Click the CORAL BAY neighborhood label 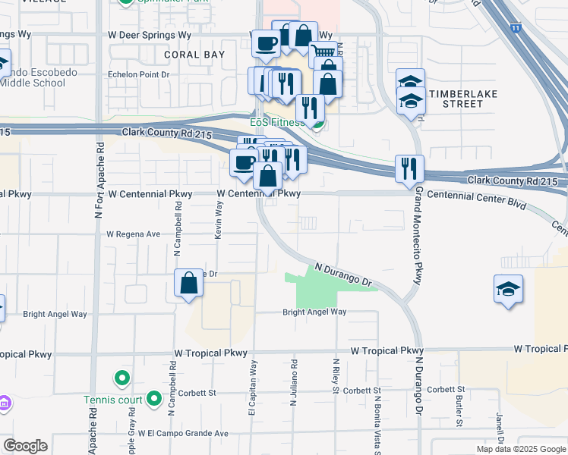coord(193,55)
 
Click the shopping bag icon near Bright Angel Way coord(188,284)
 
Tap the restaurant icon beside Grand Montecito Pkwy coord(409,169)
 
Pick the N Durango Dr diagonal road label coord(346,275)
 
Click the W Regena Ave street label coord(133,234)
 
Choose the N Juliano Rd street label coord(293,384)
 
